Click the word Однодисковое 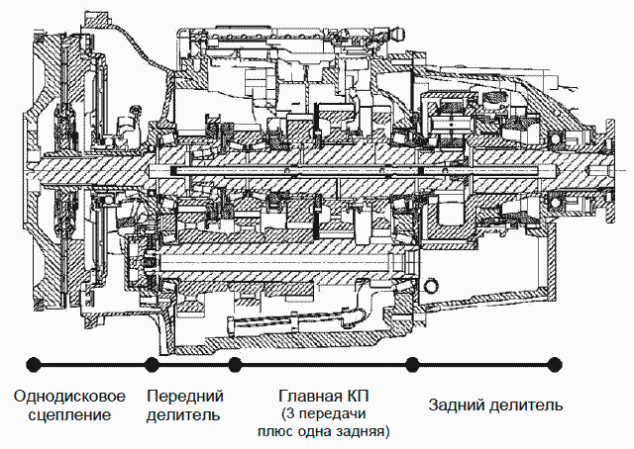69,397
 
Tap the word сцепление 69,415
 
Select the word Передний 185,397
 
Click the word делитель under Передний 183,415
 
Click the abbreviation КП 357,396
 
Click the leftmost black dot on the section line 33,364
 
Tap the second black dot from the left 152,364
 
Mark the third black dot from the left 235,364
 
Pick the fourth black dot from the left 412,364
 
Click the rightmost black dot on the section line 555,364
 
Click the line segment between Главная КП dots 324,364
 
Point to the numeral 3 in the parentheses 290,414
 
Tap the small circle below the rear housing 432,286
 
